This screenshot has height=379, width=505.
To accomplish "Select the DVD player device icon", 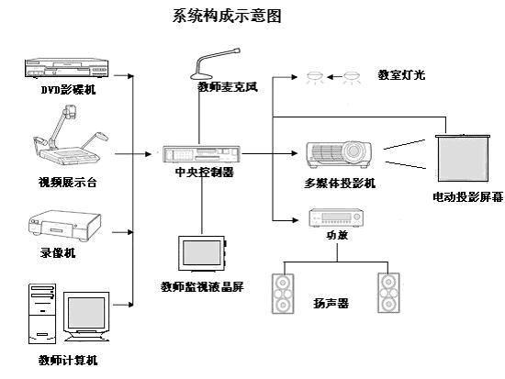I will (63, 70).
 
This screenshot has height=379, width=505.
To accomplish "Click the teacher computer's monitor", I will (86, 317).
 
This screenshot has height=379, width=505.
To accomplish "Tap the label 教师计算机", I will (67, 360).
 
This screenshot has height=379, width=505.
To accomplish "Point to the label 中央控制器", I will (203, 173).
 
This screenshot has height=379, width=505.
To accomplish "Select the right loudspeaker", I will (389, 292).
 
